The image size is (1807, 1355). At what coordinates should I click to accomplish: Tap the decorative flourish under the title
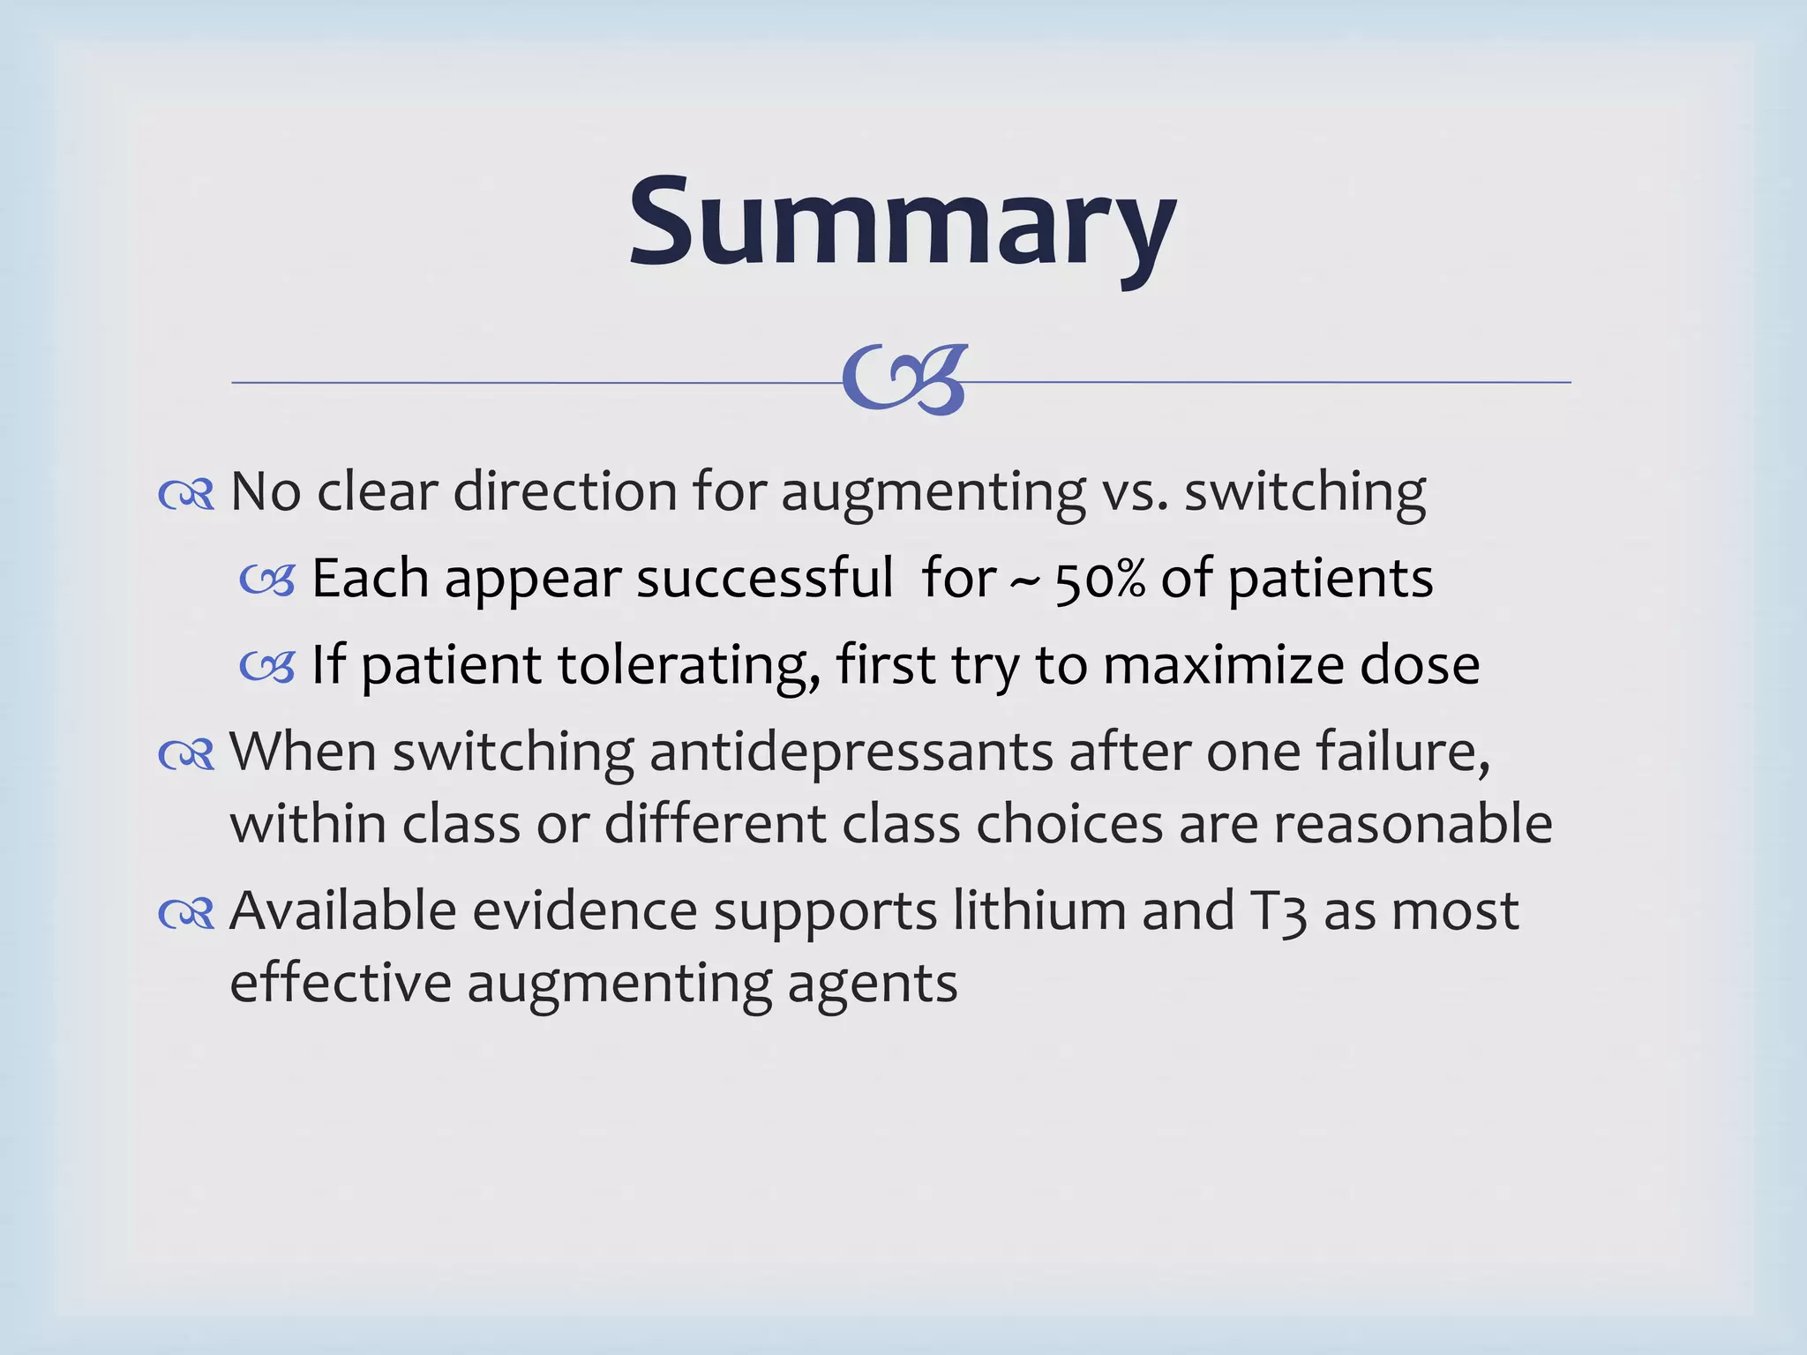tap(905, 380)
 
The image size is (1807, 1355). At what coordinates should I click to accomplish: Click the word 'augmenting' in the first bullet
tap(933, 493)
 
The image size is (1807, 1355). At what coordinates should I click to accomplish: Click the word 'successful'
tap(765, 580)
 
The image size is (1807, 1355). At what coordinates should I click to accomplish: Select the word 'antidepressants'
tap(851, 752)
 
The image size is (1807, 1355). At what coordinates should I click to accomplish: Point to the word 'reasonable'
tap(1413, 824)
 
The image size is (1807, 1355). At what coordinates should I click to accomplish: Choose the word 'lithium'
tap(1039, 910)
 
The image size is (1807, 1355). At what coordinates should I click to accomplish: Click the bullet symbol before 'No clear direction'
tap(186, 495)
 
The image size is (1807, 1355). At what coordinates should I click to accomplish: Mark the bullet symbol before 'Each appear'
tap(266, 581)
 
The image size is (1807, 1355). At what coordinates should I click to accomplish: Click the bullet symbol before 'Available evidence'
tap(186, 914)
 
